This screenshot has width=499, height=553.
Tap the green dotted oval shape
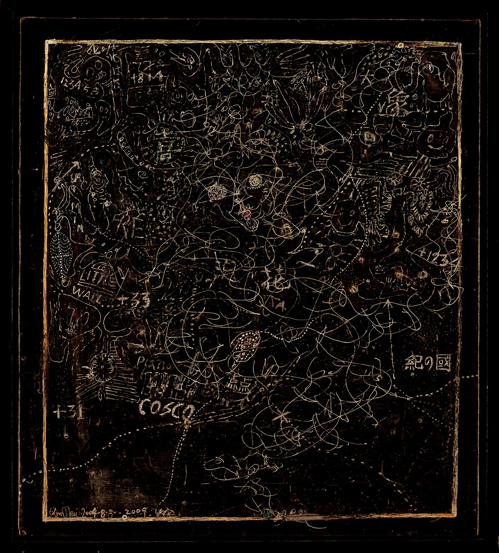click(62, 252)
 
